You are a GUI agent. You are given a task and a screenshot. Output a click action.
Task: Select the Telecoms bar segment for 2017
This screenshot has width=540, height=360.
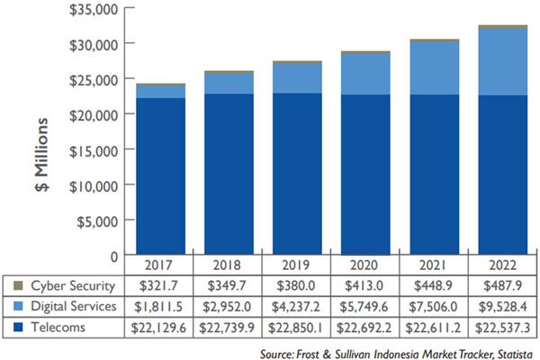pos(162,175)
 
